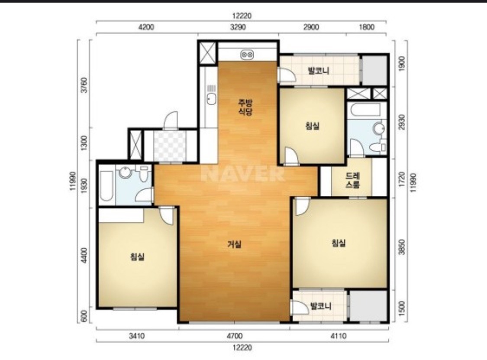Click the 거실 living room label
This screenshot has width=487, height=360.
(x=235, y=245)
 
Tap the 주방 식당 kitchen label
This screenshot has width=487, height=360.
(x=245, y=107)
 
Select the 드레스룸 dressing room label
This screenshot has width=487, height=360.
(x=352, y=180)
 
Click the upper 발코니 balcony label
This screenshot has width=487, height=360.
(x=318, y=71)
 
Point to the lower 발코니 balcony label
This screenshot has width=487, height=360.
(x=321, y=306)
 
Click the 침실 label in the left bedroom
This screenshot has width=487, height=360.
(x=137, y=257)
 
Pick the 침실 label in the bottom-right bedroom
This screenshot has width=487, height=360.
(x=338, y=243)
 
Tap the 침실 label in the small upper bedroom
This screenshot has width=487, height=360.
(x=312, y=126)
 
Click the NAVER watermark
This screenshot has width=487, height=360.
(x=242, y=173)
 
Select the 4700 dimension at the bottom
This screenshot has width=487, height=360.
(x=235, y=336)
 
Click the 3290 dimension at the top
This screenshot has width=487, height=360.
(x=238, y=27)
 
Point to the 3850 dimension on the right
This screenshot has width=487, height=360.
(x=402, y=247)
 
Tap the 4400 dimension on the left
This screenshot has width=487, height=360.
(x=84, y=255)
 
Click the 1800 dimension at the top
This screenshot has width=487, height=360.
(x=367, y=27)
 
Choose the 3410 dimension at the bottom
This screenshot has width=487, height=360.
(x=137, y=336)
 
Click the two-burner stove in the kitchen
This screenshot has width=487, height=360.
(x=247, y=55)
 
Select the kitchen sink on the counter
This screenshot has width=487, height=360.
(x=212, y=99)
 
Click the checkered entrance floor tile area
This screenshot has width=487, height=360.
(x=170, y=146)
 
